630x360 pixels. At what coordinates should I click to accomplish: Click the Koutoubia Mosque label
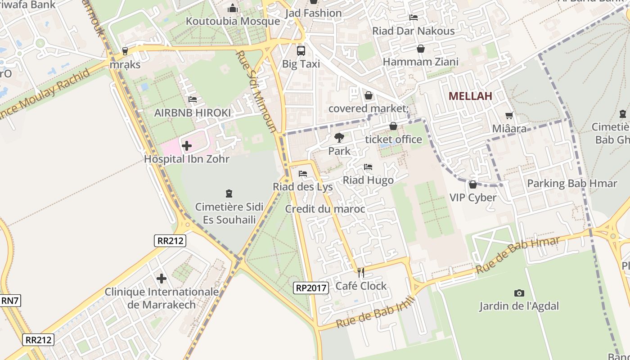[233, 21]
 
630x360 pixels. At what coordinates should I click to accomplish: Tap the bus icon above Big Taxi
[301, 51]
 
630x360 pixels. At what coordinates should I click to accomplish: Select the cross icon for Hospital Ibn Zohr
[187, 146]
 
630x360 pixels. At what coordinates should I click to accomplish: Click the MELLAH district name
[470, 96]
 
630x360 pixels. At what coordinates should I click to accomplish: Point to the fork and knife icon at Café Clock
[360, 272]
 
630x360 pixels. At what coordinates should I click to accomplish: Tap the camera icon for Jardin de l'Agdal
[519, 293]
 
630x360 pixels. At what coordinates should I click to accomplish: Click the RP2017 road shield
[311, 288]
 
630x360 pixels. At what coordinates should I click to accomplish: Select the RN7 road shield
[10, 301]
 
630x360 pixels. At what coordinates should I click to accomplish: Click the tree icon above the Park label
[339, 138]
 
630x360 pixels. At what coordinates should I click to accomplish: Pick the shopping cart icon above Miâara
[509, 116]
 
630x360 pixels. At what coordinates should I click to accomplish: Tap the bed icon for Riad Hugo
[368, 167]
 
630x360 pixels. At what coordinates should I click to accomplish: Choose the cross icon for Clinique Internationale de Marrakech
[162, 279]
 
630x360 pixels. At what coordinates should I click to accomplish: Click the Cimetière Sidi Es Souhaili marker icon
[229, 194]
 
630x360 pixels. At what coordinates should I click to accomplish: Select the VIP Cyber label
[473, 198]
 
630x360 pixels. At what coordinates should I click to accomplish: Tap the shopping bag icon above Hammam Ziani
[420, 49]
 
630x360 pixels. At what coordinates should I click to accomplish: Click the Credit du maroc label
[325, 209]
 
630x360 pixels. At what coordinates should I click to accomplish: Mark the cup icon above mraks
[125, 51]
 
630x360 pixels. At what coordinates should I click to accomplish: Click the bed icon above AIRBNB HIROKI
[193, 99]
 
